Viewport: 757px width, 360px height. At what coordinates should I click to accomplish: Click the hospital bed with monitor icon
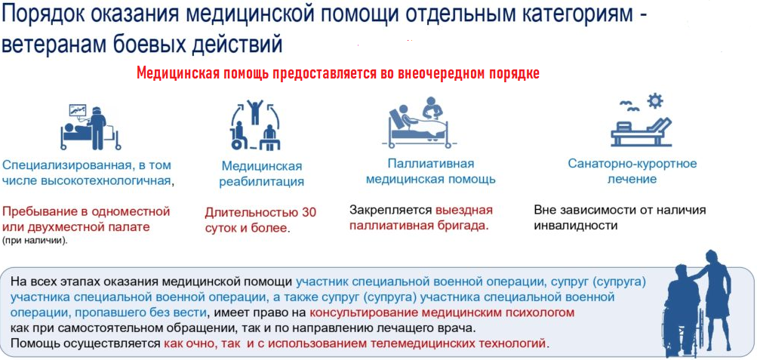pyautogui.click(x=91, y=125)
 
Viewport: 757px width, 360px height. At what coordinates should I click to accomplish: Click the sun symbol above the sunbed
pyautogui.click(x=656, y=101)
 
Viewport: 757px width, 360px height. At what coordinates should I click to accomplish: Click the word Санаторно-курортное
pyautogui.click(x=632, y=163)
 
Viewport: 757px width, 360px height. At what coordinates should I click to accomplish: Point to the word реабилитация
pyautogui.click(x=262, y=182)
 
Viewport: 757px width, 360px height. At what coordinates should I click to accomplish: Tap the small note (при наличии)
pyautogui.click(x=35, y=241)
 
